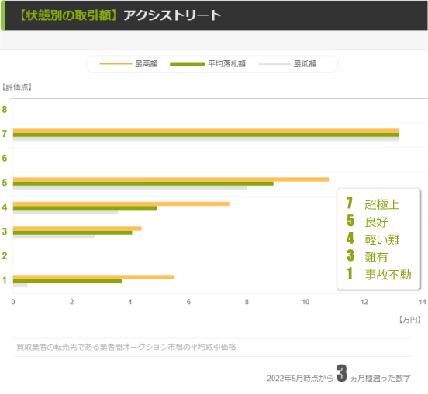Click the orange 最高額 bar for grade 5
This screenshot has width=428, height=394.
pos(171,180)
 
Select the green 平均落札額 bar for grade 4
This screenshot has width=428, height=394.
pos(85,207)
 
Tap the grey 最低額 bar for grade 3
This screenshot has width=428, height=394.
pos(53,236)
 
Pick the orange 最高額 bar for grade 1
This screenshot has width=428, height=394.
pos(93,276)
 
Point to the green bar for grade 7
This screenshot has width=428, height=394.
pos(205,135)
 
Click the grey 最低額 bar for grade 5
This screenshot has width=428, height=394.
pos(129,187)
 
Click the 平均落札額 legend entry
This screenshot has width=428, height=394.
pos(224,63)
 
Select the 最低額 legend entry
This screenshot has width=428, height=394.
pos(305,63)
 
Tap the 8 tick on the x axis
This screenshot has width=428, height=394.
pos(247,302)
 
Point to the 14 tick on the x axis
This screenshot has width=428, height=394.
pos(422,302)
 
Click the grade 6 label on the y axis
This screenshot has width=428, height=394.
pos(5,158)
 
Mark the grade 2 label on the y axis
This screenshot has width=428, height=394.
pos(5,255)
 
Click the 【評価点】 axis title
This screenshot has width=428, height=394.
pos(17,86)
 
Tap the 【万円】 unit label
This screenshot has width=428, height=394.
pos(409,319)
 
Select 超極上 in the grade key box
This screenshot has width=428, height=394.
pos(381,204)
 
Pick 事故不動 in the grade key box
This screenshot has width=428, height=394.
pos(388,274)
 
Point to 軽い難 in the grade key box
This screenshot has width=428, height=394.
pos(381,239)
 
